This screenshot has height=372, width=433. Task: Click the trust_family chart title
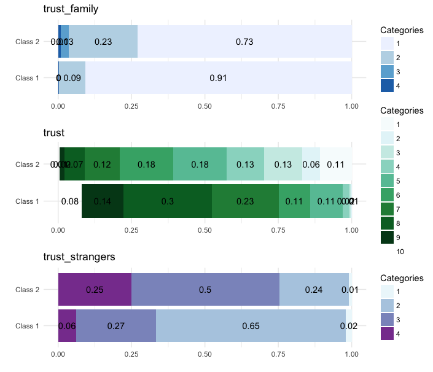[71, 9]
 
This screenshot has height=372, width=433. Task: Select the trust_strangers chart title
[79, 257]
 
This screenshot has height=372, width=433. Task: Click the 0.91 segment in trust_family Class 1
[218, 78]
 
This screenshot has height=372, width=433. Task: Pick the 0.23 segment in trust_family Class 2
[103, 42]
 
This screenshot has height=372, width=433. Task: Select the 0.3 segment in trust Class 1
[168, 201]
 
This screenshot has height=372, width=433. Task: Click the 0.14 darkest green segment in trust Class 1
[103, 201]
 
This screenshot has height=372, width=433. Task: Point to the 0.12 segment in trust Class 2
[102, 165]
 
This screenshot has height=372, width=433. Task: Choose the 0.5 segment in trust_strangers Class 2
[205, 289]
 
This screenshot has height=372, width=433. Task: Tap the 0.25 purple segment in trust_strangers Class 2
[95, 289]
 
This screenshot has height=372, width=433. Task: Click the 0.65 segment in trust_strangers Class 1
[251, 325]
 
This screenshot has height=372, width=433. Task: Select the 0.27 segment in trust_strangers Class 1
[116, 325]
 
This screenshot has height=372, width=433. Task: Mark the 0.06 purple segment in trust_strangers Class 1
[67, 325]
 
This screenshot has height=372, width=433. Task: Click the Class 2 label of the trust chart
[27, 165]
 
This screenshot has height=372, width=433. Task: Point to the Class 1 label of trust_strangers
[27, 325]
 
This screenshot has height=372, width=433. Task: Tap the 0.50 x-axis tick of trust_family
[205, 106]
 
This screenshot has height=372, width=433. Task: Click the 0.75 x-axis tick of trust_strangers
[278, 354]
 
